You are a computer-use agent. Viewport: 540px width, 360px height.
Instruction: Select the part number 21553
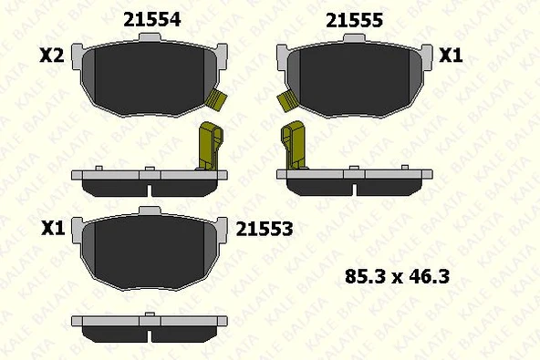click(x=264, y=230)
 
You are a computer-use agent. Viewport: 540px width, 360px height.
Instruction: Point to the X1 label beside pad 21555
click(x=452, y=56)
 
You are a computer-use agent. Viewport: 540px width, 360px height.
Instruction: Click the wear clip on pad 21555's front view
click(x=286, y=100)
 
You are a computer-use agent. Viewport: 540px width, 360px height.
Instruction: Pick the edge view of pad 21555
click(x=355, y=181)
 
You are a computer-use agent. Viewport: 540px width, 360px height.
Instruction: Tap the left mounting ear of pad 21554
click(x=78, y=54)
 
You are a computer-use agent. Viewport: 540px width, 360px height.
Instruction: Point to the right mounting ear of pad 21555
click(x=425, y=54)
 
